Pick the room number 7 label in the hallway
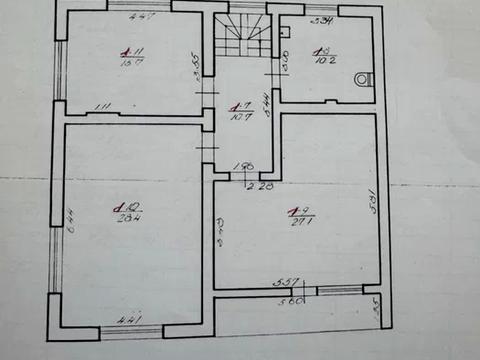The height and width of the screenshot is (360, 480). [x=237, y=103]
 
